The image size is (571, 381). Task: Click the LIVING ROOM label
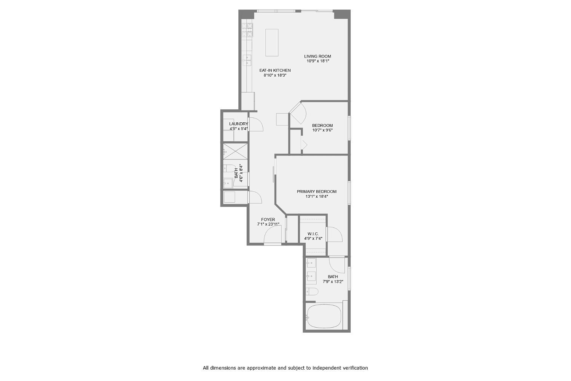[317, 56]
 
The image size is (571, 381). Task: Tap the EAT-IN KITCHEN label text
[275, 70]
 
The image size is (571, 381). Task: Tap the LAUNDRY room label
[239, 124]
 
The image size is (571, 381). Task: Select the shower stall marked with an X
[235, 151]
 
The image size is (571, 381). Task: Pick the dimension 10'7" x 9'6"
[322, 130]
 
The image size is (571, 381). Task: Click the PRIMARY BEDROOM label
[317, 192]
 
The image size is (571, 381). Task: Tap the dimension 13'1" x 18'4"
[317, 197]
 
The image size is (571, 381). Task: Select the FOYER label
[268, 219]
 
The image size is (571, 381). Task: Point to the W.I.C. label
[313, 234]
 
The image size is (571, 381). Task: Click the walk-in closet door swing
[335, 234]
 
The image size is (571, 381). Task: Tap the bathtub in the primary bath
[324, 316]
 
